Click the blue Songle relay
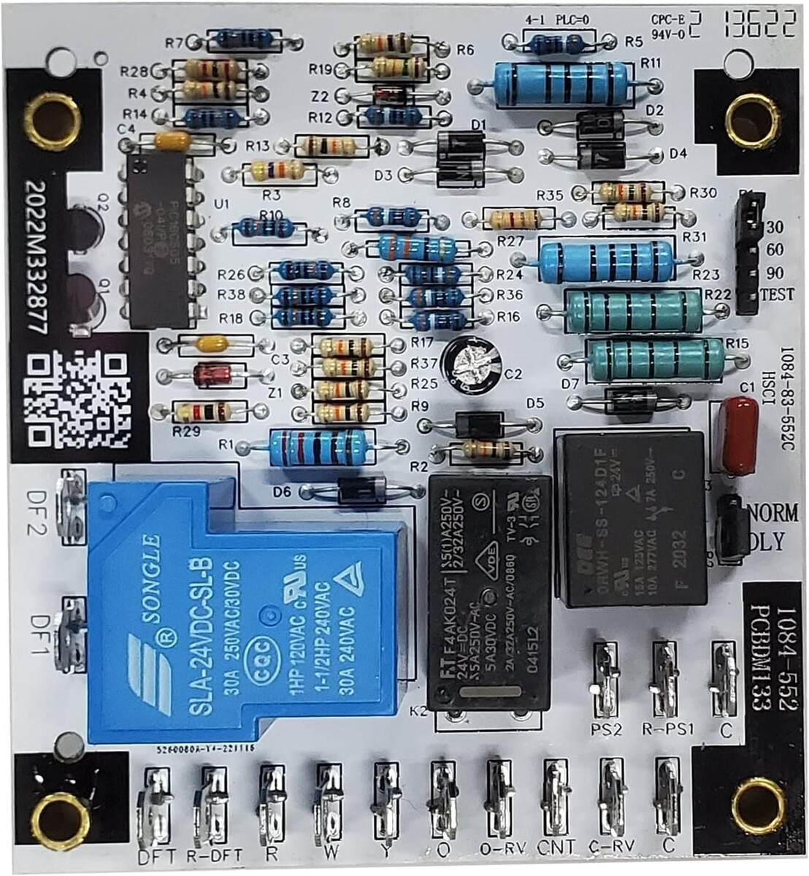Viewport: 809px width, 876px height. tap(241, 613)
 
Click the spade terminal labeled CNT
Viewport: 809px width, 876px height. tap(556, 796)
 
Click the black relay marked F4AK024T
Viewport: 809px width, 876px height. tap(489, 591)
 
